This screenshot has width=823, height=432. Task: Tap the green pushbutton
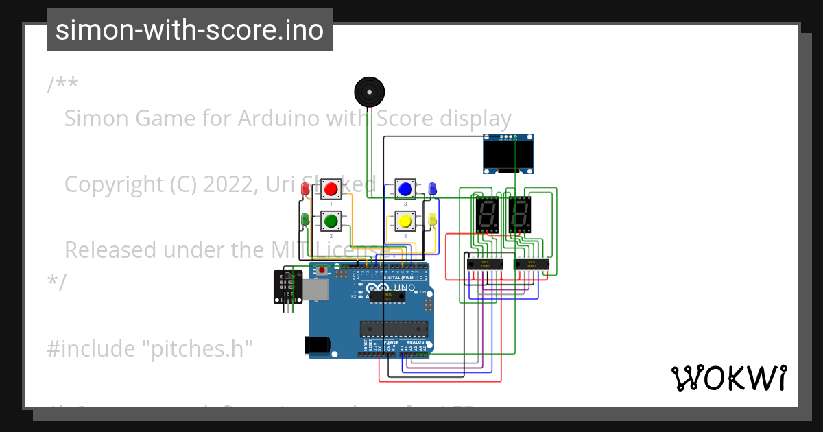[331, 221]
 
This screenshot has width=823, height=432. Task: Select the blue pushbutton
[405, 189]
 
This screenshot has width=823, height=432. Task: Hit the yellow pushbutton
[405, 221]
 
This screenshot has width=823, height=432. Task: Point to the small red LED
[305, 189]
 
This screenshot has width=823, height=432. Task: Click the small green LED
[305, 219]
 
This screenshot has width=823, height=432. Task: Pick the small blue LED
[432, 189]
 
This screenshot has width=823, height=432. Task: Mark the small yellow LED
[432, 219]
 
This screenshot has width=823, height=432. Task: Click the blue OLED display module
[508, 154]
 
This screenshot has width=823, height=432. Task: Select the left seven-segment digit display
[487, 215]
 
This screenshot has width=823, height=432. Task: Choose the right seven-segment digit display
[519, 215]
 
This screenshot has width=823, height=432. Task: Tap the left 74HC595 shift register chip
[485, 264]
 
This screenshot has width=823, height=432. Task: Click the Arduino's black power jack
[317, 345]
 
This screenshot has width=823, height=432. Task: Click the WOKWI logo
[728, 378]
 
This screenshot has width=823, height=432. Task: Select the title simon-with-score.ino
[189, 30]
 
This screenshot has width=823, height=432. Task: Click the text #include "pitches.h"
[150, 348]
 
